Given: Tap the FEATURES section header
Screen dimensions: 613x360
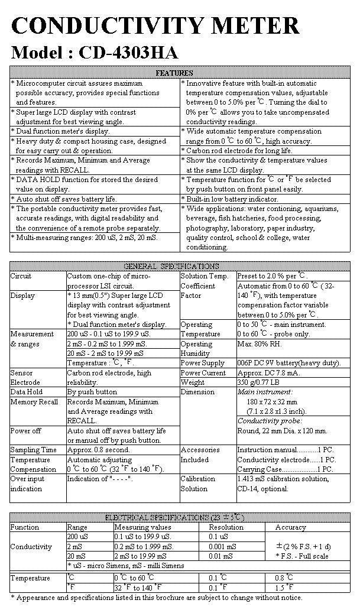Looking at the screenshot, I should (174, 73).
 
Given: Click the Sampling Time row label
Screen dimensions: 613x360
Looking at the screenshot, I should (34, 450).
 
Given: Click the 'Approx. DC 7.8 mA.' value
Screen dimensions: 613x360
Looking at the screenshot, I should (271, 372).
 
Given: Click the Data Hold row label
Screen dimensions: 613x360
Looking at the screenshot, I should (27, 392).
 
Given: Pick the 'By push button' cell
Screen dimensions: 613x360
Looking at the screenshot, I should (92, 392).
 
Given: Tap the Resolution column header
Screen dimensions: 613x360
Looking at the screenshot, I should (226, 527).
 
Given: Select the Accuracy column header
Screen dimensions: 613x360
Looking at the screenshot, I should (290, 527).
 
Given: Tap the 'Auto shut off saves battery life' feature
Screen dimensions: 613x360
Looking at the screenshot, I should (66, 199).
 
